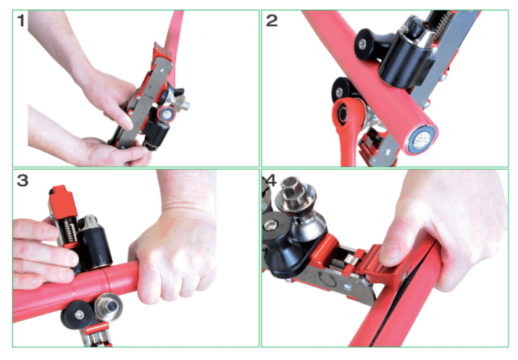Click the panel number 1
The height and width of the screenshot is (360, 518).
21,20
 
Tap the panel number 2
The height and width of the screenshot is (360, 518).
272,20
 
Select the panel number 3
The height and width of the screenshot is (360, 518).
22,180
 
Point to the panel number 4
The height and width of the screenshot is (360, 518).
270,180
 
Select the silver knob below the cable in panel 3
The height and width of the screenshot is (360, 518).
109,308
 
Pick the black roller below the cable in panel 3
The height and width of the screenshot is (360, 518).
77,315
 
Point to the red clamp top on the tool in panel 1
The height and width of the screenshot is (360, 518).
162,53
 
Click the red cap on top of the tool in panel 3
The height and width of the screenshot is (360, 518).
63,201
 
